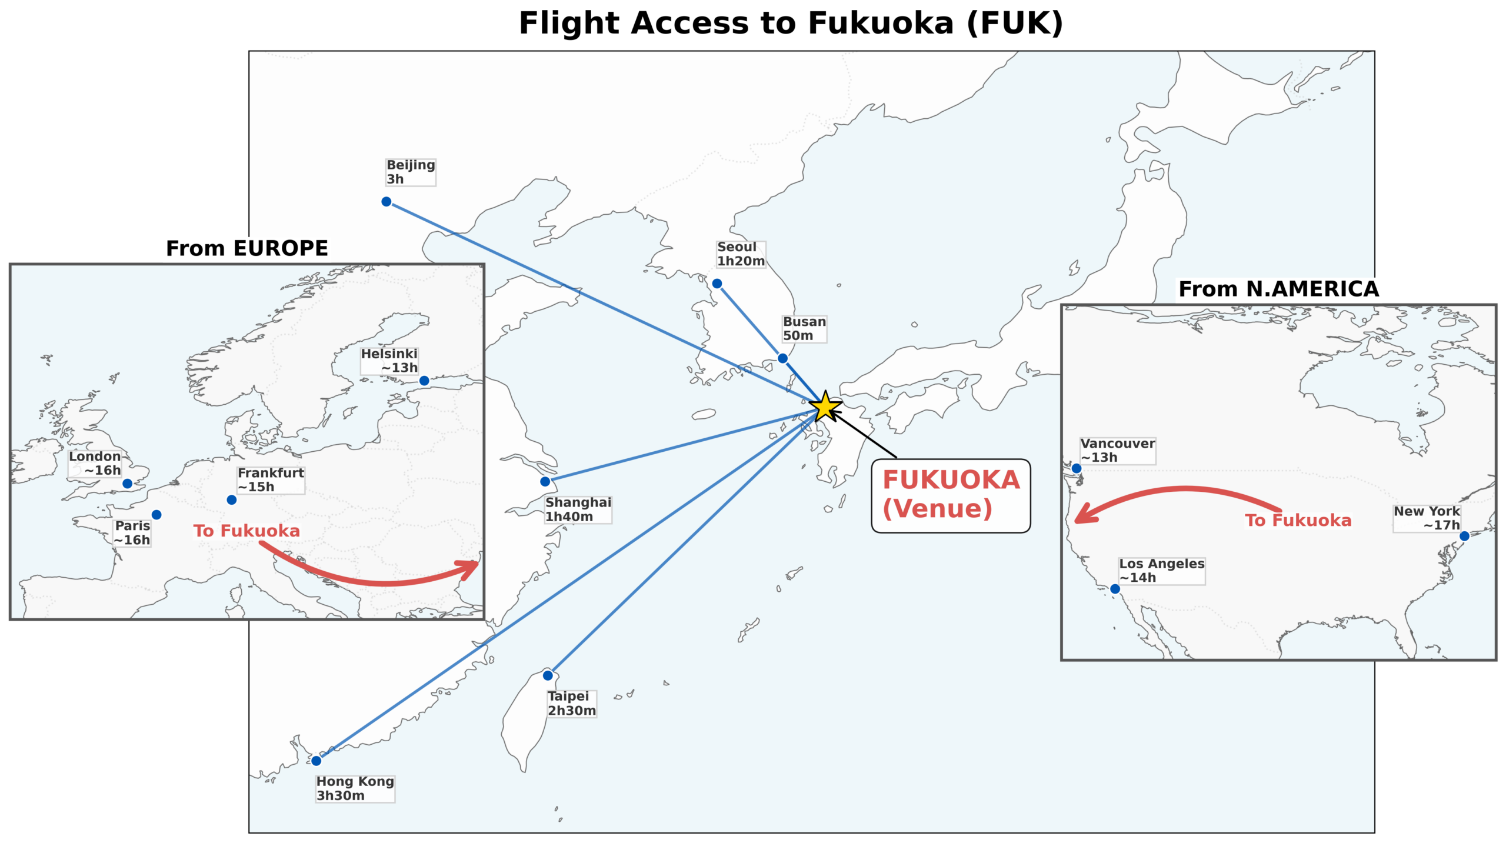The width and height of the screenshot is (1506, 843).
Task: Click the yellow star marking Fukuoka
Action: click(825, 406)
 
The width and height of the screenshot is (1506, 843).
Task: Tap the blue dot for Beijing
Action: click(387, 202)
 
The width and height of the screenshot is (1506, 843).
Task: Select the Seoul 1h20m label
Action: click(741, 254)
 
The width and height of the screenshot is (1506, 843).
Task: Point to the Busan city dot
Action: click(782, 358)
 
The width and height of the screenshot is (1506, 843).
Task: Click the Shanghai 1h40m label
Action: click(578, 509)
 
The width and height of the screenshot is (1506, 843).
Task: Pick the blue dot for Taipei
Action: click(548, 675)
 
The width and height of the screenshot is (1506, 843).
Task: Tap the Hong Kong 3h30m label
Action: click(355, 788)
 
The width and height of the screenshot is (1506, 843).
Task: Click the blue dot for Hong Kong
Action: click(316, 761)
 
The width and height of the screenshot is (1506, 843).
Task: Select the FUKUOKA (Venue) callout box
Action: click(951, 495)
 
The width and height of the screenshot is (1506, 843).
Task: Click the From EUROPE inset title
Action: click(247, 248)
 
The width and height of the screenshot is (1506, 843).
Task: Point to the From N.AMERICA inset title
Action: click(1278, 289)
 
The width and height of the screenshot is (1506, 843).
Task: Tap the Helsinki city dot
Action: click(424, 381)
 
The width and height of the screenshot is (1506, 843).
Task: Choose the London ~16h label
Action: click(95, 464)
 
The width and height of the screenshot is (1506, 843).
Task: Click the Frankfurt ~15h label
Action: click(271, 479)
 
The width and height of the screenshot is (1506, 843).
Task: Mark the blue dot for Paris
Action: click(156, 515)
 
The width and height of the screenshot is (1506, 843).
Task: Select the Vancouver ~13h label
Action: click(1117, 450)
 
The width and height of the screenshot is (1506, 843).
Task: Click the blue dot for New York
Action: click(1465, 536)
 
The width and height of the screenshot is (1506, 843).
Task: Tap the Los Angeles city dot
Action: click(1115, 589)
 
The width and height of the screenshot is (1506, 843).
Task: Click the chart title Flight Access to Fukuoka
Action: click(791, 24)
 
